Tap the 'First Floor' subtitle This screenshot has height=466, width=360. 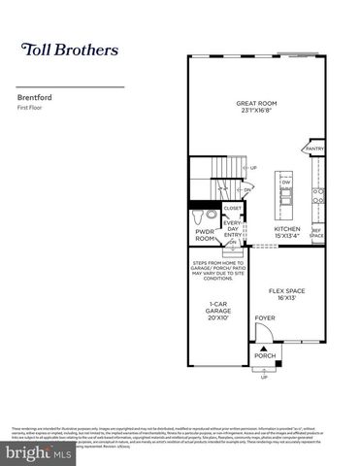32,108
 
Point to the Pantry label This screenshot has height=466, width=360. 315,149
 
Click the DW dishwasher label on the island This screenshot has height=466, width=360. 286,182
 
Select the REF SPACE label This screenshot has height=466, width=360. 315,234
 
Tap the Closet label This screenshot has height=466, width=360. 233,207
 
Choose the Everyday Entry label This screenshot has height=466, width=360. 233,229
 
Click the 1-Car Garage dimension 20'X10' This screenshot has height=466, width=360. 216,318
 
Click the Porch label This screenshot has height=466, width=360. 265,355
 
